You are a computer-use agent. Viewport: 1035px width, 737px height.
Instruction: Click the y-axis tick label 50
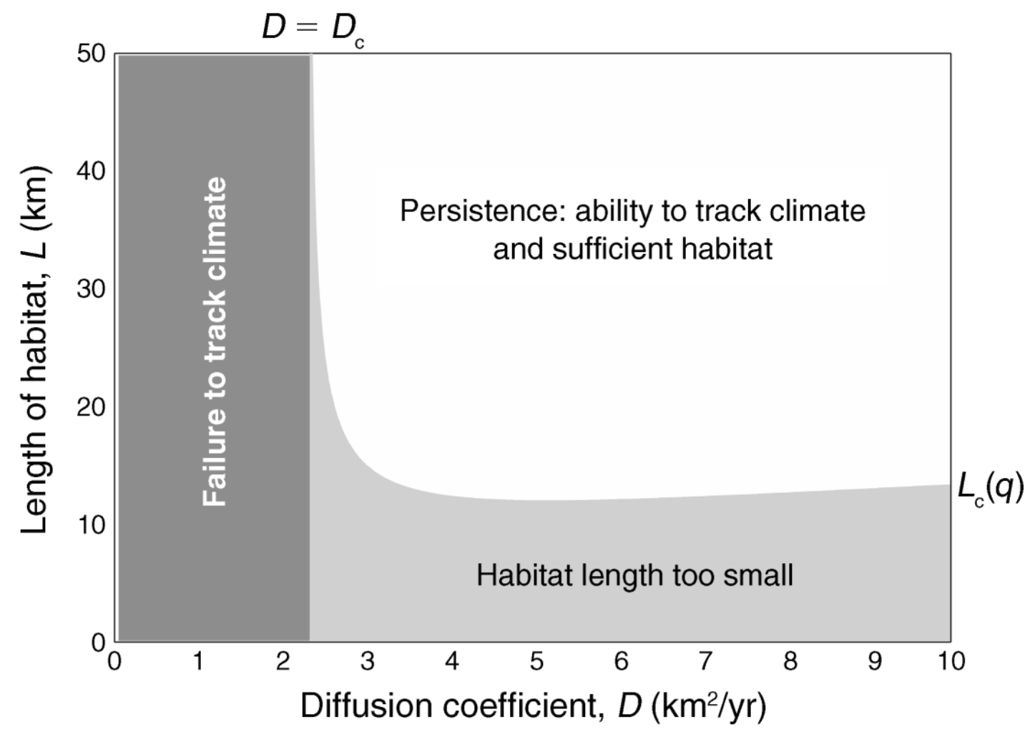pos(91,54)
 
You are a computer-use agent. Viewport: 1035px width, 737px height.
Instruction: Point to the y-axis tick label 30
pos(91,289)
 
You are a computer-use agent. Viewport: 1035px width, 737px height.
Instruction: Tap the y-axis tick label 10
pos(91,525)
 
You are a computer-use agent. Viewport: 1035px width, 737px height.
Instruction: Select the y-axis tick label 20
pos(91,407)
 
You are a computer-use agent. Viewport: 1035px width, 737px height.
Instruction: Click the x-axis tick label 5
pos(536,661)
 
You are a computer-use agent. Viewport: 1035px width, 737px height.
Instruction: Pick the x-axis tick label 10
pos(951,661)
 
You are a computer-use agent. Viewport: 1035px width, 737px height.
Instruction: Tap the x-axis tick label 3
pos(368,661)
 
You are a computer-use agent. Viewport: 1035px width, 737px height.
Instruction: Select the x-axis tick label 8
pos(790,661)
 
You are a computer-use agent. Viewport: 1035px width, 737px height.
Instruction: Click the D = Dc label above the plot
pos(313,29)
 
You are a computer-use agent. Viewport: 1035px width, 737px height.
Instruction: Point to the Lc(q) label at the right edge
pos(990,489)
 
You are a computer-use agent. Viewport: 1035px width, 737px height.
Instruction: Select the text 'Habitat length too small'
pos(634,575)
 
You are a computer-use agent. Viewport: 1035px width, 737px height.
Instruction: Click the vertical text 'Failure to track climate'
pos(215,342)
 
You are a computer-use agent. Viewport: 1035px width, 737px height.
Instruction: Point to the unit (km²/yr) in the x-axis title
pos(708,706)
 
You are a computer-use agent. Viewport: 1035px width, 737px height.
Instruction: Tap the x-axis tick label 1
pos(199,661)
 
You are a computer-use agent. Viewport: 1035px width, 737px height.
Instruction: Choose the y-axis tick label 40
pos(91,172)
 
